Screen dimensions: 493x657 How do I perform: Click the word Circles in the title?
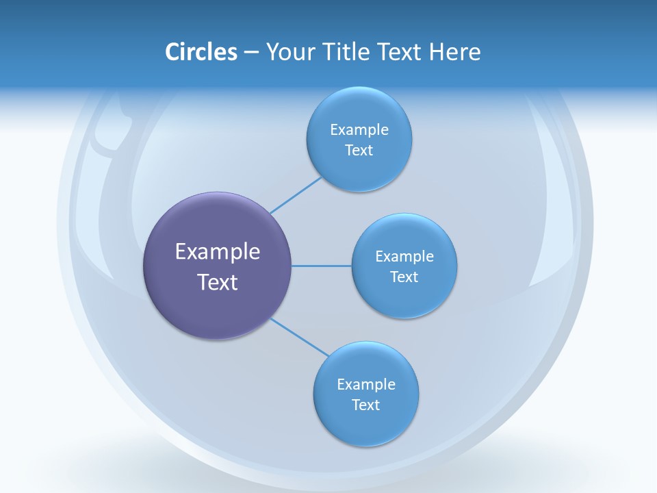click(201, 52)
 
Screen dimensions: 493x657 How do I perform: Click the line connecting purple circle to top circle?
click(296, 195)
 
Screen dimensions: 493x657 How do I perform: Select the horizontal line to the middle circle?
click(322, 266)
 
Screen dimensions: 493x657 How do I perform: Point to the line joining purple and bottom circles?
click(300, 337)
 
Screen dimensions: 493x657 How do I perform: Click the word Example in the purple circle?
click(218, 252)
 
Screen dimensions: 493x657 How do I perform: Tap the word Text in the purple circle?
click(218, 282)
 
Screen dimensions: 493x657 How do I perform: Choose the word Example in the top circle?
click(359, 129)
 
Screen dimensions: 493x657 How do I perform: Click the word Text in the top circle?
click(359, 150)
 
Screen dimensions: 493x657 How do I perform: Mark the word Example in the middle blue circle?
click(404, 256)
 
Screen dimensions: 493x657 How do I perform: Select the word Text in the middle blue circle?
click(404, 277)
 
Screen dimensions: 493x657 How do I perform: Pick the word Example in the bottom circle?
click(366, 384)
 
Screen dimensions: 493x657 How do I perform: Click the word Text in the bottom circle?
click(366, 405)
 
